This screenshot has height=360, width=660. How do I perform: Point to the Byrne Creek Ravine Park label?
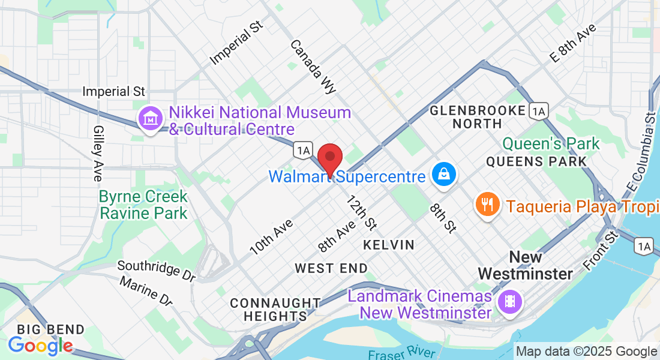coord(143,205)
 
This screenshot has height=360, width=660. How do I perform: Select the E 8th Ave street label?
coord(573,44)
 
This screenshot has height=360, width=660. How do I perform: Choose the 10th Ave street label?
coord(271,237)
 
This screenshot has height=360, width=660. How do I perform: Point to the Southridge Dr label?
coord(157,270)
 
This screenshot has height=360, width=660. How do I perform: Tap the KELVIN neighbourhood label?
coord(388,245)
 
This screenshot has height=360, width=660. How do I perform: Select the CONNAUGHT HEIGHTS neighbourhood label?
coord(275,309)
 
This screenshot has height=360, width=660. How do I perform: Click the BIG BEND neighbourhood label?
coord(50,329)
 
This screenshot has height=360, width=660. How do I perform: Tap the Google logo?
coord(40,345)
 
